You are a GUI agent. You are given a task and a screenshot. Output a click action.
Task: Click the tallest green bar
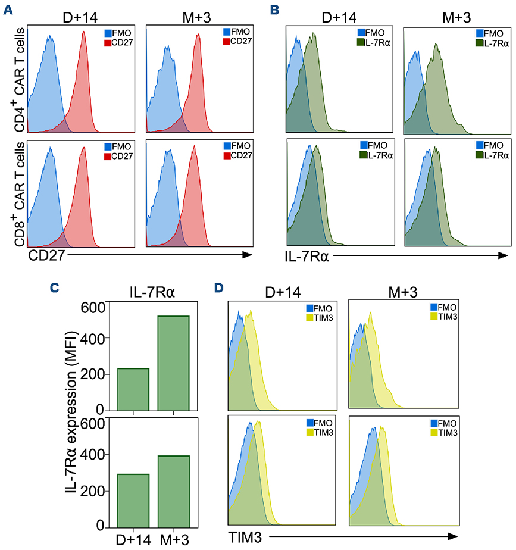click(x=173, y=363)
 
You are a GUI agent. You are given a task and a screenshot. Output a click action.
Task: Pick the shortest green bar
click(x=133, y=389)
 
